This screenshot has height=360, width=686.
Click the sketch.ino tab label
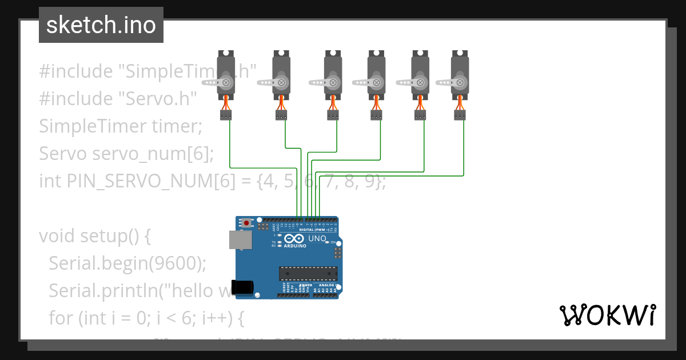pyautogui.click(x=101, y=25)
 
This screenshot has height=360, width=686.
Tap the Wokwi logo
pyautogui.click(x=607, y=315)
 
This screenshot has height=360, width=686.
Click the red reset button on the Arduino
pyautogui.click(x=246, y=223)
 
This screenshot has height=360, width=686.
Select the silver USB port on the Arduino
pyautogui.click(x=240, y=240)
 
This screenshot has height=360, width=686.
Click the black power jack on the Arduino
pyautogui.click(x=241, y=287)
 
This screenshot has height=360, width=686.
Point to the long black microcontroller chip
pyautogui.click(x=308, y=274)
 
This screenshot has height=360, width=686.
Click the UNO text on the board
pyautogui.click(x=317, y=238)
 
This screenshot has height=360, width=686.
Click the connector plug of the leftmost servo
pyautogui.click(x=226, y=115)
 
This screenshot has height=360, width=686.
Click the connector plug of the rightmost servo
pyautogui.click(x=460, y=115)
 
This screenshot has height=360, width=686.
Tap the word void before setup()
pyautogui.click(x=57, y=236)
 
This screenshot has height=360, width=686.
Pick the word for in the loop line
pyautogui.click(x=60, y=318)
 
